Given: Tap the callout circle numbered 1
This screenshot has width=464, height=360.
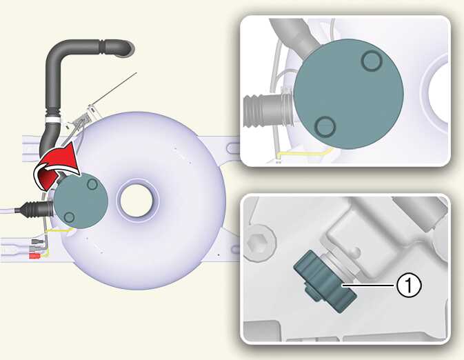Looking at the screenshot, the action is (x=408, y=286).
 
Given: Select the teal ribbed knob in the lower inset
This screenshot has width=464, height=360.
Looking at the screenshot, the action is (x=325, y=281).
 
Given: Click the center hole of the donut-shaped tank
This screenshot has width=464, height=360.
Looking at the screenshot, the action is (x=137, y=200).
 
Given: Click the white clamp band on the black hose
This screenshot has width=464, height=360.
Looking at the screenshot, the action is (x=52, y=119).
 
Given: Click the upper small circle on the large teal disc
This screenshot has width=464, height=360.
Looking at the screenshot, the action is (x=372, y=61).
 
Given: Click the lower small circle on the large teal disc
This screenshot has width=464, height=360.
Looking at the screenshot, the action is (x=325, y=127).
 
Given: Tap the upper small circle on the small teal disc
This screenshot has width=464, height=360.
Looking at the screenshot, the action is (x=92, y=184).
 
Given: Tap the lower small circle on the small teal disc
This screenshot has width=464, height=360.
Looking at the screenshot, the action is (x=69, y=217).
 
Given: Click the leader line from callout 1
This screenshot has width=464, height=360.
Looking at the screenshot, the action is (x=369, y=286).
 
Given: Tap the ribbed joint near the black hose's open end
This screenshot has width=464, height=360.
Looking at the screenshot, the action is (x=102, y=47).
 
